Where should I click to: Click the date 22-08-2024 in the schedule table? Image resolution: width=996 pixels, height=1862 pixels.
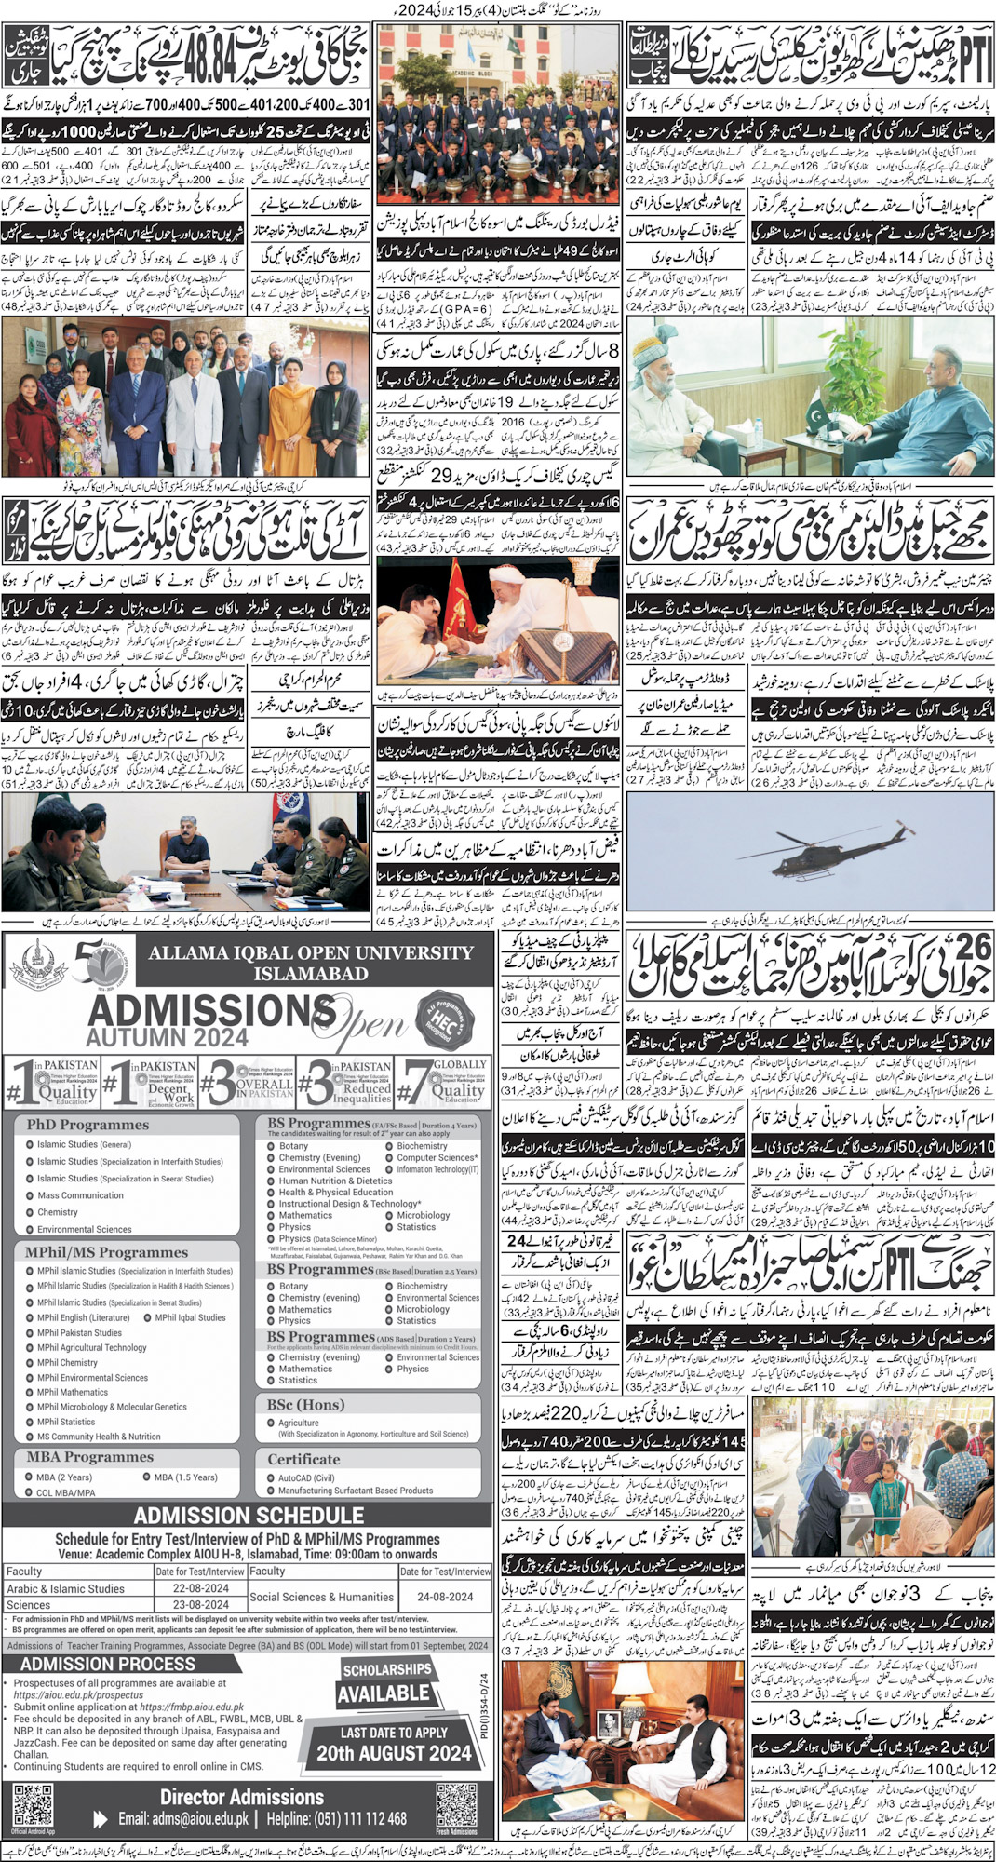pyautogui.click(x=200, y=1588)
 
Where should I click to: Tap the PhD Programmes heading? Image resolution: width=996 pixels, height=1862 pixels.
pyautogui.click(x=87, y=1125)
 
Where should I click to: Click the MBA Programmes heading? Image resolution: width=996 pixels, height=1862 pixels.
pyautogui.click(x=89, y=1457)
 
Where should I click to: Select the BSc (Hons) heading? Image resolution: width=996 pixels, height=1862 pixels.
pyautogui.click(x=305, y=1405)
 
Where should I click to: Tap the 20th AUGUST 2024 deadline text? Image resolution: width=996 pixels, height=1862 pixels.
pyautogui.click(x=394, y=1753)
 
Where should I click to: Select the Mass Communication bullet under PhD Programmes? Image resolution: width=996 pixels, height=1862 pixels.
pyautogui.click(x=80, y=1195)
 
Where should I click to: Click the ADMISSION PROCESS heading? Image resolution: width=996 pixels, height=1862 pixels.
pyautogui.click(x=108, y=1664)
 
